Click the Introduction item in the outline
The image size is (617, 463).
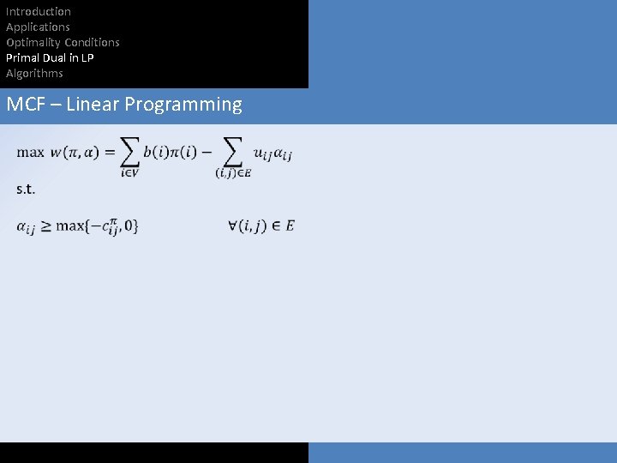(39, 11)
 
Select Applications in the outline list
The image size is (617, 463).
(38, 27)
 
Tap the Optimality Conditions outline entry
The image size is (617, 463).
(63, 42)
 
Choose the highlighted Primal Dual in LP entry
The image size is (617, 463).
(50, 57)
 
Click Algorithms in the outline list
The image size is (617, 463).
(34, 73)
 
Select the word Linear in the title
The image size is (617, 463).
(93, 105)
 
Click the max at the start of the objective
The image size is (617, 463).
(30, 153)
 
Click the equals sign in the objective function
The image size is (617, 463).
(110, 153)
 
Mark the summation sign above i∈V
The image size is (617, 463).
(129, 152)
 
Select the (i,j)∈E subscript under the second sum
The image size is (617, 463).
(233, 173)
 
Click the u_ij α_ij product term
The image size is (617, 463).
(273, 153)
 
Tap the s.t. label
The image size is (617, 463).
(26, 189)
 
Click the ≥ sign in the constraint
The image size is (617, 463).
(45, 226)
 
